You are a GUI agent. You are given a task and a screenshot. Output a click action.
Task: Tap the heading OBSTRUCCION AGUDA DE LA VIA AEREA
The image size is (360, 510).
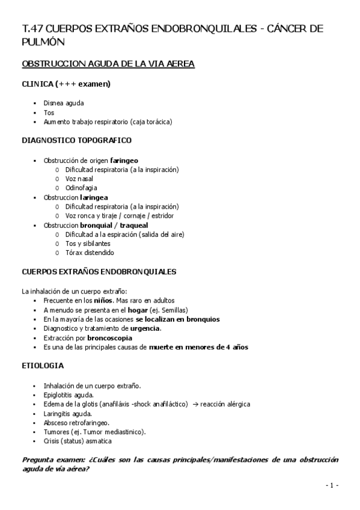point(108,64)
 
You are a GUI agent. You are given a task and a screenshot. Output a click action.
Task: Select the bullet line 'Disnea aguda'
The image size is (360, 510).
point(64,103)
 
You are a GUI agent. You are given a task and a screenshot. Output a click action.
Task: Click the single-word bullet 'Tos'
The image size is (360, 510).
point(49,112)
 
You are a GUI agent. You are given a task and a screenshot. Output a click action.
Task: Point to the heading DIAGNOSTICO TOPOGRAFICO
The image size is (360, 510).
point(76,140)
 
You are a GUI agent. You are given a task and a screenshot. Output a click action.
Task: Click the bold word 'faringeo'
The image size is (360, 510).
point(124,161)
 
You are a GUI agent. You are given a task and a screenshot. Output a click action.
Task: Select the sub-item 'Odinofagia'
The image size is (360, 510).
point(81,188)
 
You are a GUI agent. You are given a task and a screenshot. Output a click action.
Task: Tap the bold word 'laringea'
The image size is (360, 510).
point(94,197)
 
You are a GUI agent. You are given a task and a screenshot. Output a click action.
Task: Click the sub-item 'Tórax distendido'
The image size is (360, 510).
point(90,253)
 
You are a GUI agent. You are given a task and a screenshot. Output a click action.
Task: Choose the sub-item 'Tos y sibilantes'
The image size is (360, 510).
point(88,244)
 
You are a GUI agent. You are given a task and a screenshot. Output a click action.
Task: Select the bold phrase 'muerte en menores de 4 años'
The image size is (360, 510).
point(198,347)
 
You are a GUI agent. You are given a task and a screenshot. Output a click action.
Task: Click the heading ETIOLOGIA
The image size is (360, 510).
point(42,365)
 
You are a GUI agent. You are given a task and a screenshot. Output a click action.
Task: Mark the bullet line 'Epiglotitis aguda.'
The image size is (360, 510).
point(68,395)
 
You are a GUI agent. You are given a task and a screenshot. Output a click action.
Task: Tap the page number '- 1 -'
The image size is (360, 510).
point(332,485)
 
